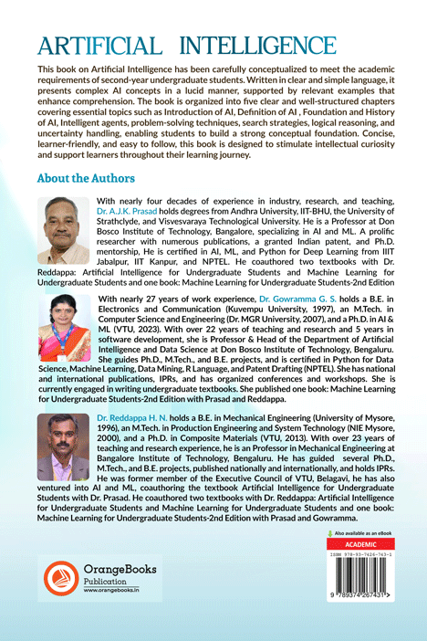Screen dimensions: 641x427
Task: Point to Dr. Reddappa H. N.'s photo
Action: [64, 447]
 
